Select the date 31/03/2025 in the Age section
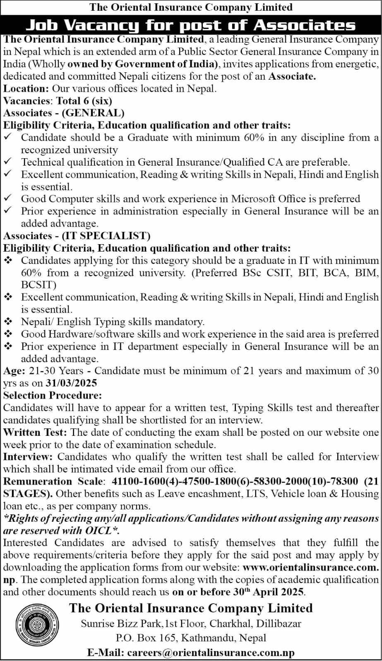coord(71,383)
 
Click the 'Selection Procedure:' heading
coord(53,395)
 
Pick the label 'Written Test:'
coord(35,432)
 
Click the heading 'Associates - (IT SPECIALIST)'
coord(77,236)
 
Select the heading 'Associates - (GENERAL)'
coord(64,113)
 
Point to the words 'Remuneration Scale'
coord(53,481)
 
